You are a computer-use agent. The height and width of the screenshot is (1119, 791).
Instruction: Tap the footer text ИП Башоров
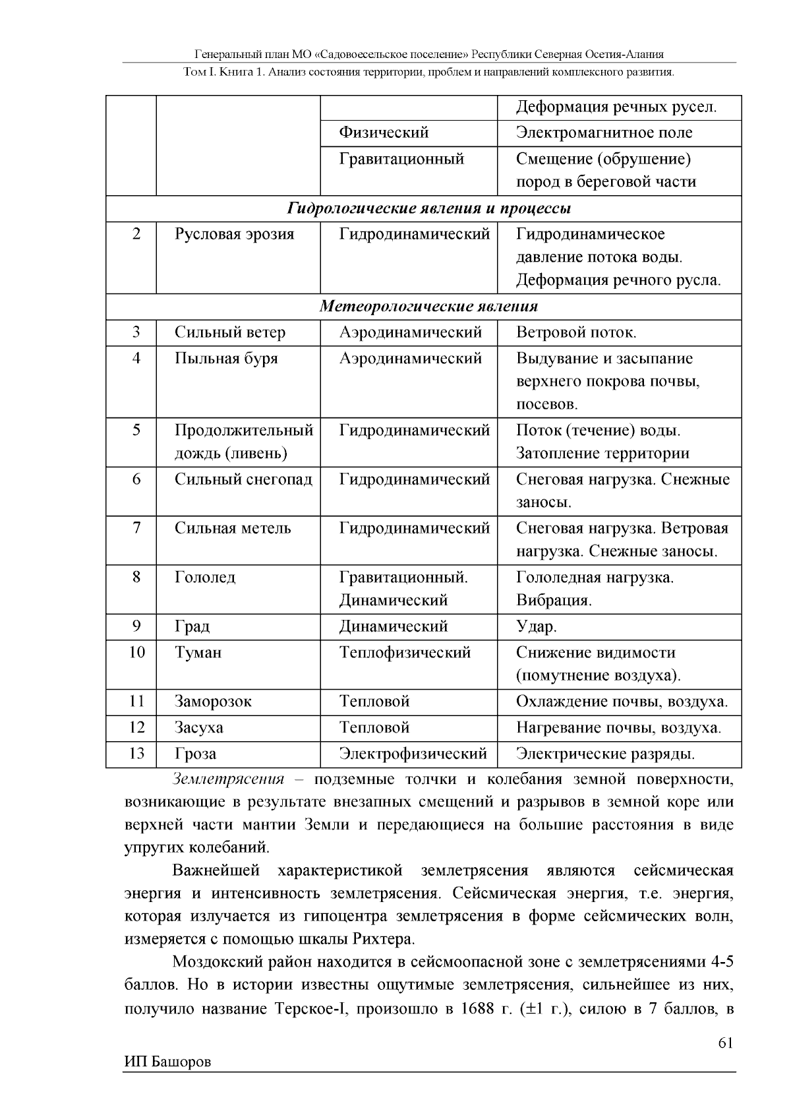167,1062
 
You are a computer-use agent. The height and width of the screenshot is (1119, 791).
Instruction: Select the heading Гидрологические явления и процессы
429,208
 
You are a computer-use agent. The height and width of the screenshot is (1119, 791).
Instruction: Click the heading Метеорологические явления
429,307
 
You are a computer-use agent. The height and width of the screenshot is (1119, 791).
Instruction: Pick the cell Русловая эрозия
234,234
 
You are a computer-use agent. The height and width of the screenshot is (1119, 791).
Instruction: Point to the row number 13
136,753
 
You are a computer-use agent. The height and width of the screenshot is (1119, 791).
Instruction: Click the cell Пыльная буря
226,359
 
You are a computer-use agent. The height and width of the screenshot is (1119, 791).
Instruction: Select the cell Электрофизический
413,753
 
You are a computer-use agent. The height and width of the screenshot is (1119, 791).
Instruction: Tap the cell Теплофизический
405,653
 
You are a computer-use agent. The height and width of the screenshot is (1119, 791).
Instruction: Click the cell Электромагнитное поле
604,133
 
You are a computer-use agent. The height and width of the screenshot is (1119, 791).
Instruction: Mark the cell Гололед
205,578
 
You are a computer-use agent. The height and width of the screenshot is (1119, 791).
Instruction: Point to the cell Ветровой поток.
576,332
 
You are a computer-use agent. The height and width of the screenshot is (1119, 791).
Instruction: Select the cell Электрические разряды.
605,753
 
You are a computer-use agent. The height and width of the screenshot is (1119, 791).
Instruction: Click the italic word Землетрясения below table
228,779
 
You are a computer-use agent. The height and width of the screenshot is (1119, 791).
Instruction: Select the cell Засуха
199,727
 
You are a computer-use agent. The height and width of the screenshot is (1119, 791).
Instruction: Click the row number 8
136,578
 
